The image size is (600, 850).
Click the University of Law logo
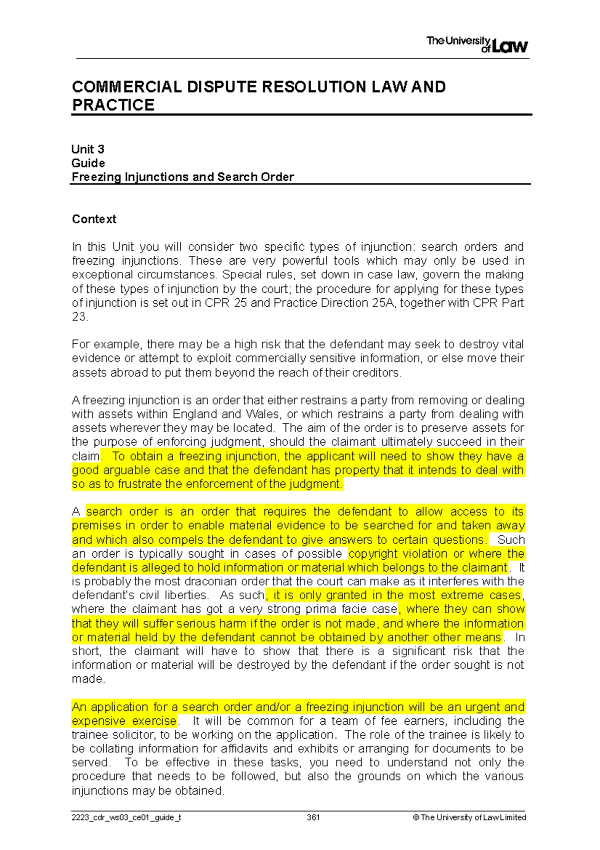coord(477,45)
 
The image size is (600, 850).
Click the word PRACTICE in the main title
coord(113,105)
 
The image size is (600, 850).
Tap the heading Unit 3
coord(87,149)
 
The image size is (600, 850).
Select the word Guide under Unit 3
coord(88,163)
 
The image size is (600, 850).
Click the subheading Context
coord(94,219)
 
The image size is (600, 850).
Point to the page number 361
coord(313,817)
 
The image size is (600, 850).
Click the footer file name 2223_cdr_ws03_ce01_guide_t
coord(126,817)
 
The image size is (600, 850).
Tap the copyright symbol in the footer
coord(415,817)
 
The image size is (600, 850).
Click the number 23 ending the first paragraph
coord(78,317)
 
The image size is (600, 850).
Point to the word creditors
coord(379,373)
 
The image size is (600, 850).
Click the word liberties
coord(183,596)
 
